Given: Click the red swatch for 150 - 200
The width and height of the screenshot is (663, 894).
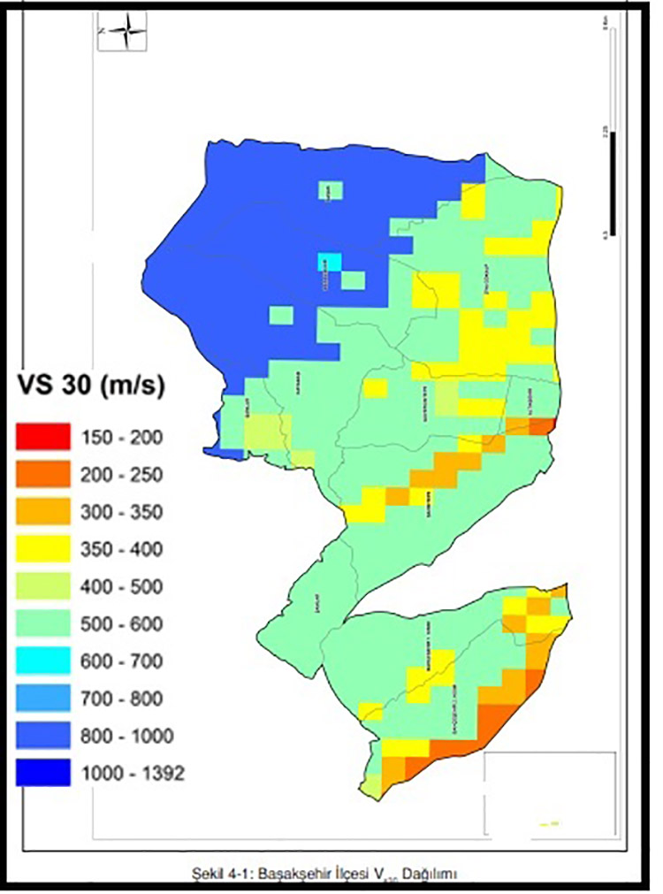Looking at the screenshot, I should click(x=42, y=436).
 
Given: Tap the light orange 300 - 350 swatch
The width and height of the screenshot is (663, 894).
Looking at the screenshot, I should click(x=42, y=511).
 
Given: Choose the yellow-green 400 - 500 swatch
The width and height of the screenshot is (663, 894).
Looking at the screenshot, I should click(x=42, y=586).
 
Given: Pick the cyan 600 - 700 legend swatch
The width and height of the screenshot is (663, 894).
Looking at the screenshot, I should click(x=42, y=661).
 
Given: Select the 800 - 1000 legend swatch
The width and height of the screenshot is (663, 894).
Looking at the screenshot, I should click(x=42, y=736).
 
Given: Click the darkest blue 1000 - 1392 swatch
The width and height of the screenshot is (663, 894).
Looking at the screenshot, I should click(x=42, y=773).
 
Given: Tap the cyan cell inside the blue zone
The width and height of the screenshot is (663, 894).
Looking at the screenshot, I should click(x=329, y=263).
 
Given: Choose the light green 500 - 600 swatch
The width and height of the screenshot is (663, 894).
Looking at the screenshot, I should click(x=42, y=623).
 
